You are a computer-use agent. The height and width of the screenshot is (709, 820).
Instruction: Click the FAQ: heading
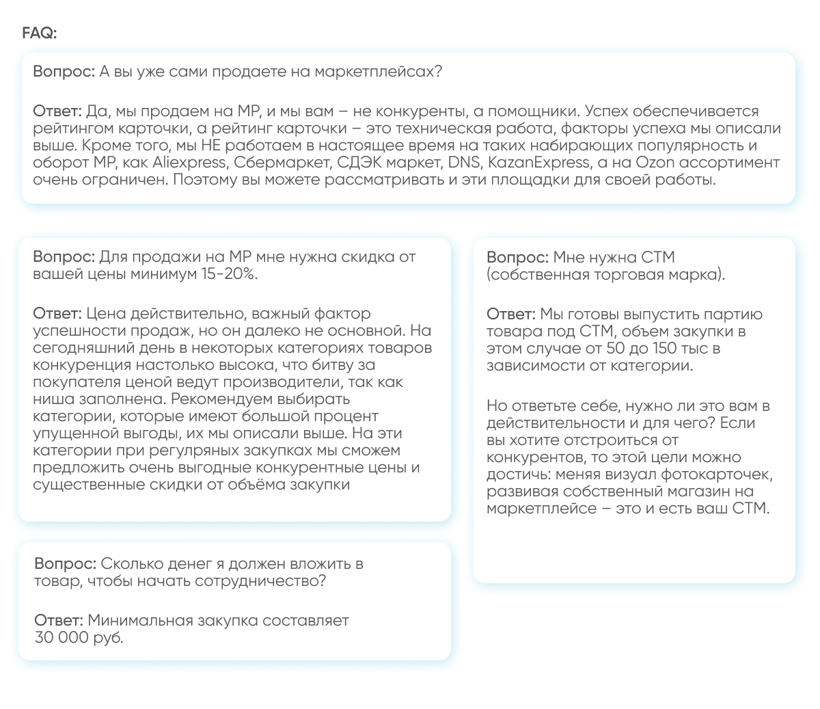40,34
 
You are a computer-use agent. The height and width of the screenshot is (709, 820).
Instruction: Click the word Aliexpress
189,163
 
